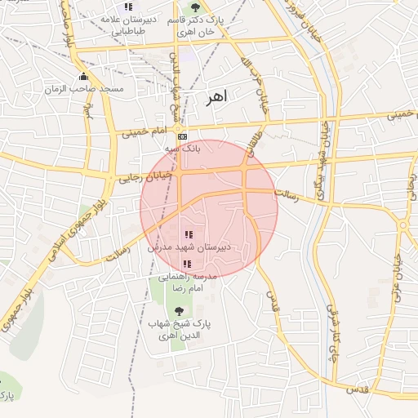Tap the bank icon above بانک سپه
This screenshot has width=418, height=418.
182,136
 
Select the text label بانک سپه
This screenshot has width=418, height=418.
182,149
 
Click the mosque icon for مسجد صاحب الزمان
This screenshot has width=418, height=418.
82,77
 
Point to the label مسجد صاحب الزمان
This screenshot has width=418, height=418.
96,88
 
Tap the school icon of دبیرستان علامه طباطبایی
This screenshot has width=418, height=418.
128,7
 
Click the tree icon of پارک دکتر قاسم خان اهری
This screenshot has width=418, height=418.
193,6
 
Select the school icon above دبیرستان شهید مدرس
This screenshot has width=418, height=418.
189,235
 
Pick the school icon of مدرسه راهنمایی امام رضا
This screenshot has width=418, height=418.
186,264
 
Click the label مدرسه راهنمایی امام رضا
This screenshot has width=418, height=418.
188,282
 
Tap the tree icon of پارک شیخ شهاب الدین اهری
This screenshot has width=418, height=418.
179,310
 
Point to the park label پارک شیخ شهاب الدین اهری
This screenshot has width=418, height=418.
179,330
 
